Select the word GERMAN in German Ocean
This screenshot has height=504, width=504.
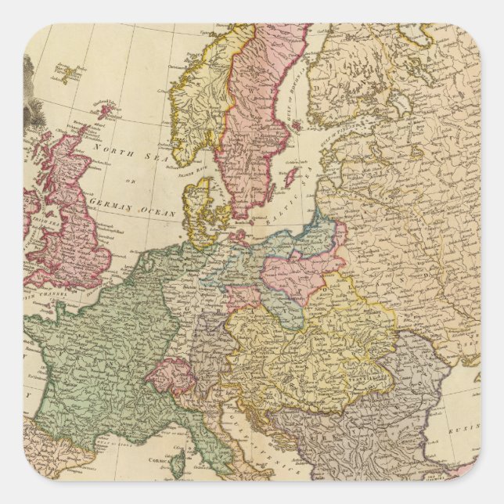click(110, 203)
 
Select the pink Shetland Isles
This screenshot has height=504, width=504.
click(104, 110)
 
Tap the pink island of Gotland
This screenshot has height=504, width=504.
click(290, 175)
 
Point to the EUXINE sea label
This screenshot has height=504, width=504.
click(466, 430)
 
